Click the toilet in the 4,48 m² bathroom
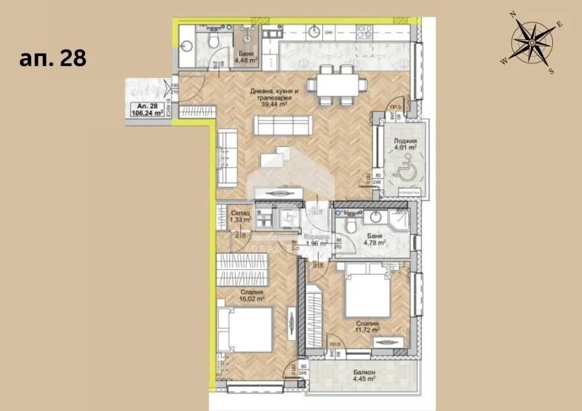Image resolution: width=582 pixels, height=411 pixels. [213, 42]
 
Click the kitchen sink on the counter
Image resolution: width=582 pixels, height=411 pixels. [314, 32]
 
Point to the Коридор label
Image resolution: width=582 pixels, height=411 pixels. [316, 237]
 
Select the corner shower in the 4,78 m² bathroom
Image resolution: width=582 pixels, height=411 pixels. [399, 220]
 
